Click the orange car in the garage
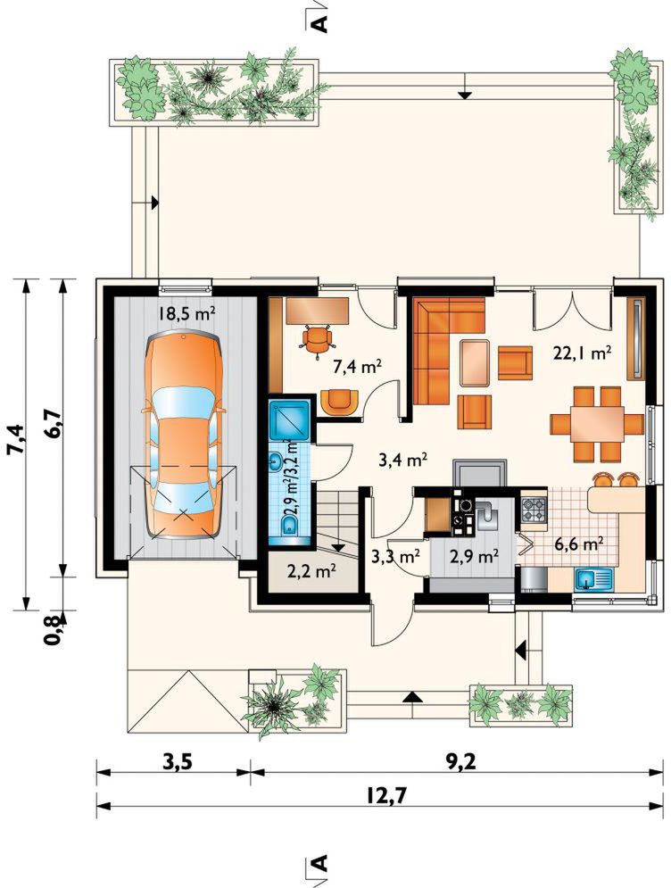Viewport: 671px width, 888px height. coord(184,436)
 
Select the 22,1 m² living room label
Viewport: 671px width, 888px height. coord(582,354)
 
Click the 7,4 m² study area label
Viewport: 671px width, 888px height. coord(357,367)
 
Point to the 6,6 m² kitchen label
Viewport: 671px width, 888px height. coord(578,544)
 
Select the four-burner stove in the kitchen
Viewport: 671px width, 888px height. coord(533,509)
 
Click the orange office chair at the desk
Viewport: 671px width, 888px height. coord(316,341)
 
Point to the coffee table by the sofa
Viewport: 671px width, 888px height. coord(475,362)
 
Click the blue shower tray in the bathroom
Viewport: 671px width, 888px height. coord(289,420)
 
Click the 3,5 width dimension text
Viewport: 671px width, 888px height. coord(178,762)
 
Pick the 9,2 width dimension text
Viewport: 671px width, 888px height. coord(460,762)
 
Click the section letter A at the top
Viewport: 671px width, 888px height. coord(320,22)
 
